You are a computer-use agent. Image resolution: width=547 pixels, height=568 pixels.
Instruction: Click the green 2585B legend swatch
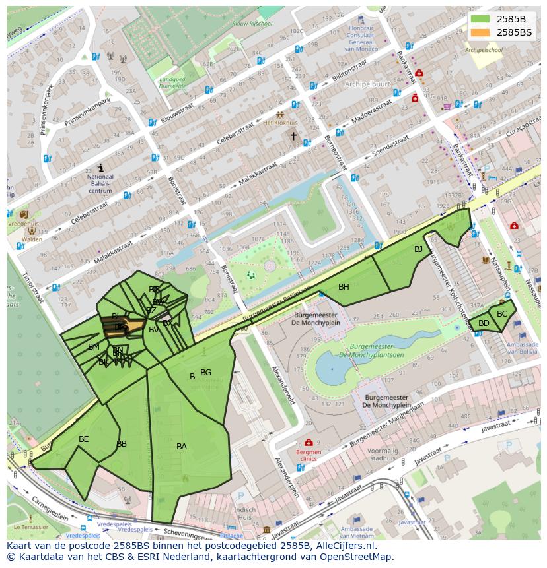[x=480, y=19]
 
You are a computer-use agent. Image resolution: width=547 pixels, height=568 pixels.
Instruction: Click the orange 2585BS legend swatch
[x=480, y=32]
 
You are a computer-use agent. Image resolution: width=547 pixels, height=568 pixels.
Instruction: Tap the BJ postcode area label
[x=418, y=249]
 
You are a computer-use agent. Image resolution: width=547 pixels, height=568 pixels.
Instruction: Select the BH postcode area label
[x=344, y=287]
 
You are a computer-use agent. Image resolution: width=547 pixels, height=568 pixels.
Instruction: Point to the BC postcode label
[x=502, y=314]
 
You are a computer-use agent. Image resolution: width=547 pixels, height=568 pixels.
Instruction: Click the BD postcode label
[x=484, y=323]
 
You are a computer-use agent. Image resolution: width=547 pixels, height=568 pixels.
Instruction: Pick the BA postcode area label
[x=182, y=447]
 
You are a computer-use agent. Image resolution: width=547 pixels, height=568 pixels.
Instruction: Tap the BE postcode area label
[x=83, y=439]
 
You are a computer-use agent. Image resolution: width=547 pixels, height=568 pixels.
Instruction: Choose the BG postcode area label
[x=206, y=373]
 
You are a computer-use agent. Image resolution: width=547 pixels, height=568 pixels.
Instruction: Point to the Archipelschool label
[x=484, y=50]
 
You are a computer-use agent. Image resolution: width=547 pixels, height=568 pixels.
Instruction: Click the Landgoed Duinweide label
[x=172, y=82]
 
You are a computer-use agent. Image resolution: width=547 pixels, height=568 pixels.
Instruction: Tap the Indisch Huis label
[x=244, y=514]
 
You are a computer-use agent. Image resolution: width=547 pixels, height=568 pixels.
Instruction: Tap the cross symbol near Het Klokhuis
[x=294, y=136]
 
